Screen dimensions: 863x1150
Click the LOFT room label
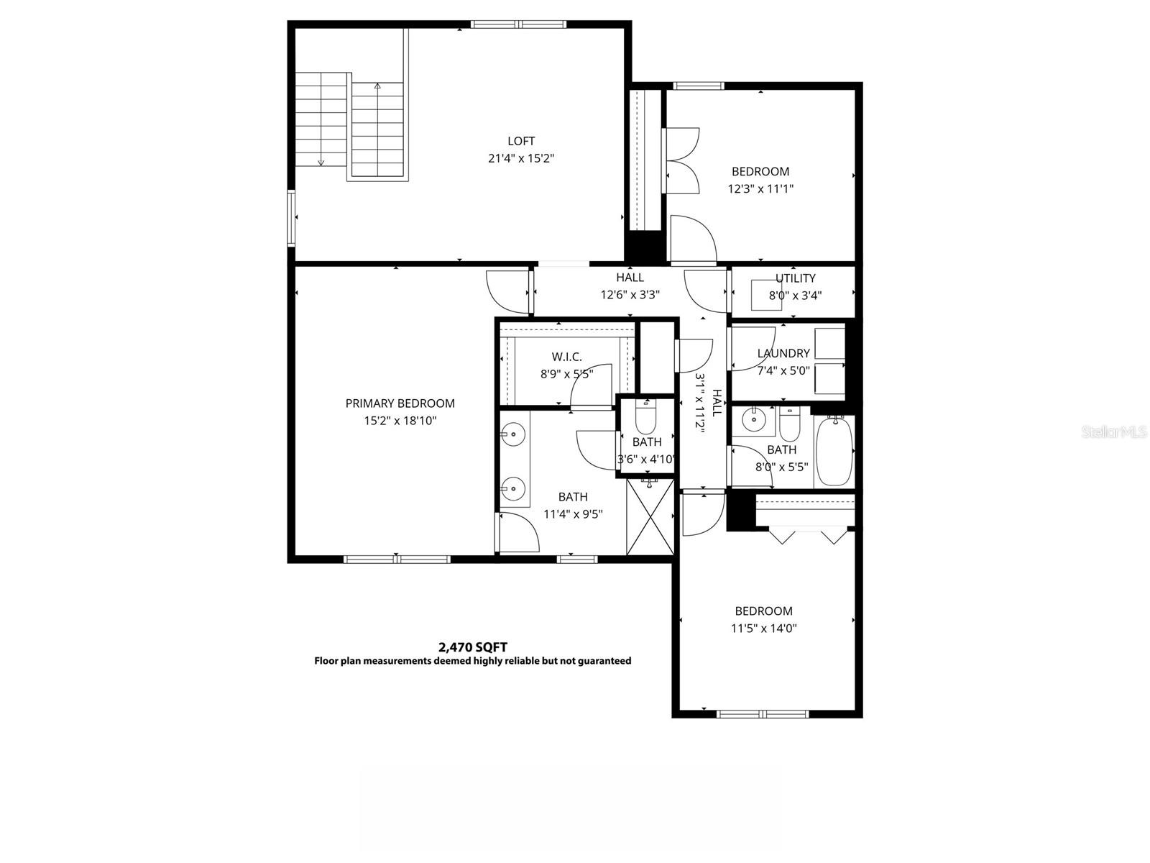[x=521, y=141]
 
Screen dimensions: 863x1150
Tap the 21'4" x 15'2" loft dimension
[x=521, y=158]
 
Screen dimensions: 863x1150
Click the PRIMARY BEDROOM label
[x=400, y=403]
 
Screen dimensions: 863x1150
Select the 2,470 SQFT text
[x=472, y=647]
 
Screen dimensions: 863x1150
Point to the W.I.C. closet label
[x=566, y=357]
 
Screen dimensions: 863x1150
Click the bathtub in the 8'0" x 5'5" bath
[x=834, y=452]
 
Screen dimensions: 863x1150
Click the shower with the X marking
[x=650, y=517]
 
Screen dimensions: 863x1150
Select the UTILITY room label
[x=795, y=278]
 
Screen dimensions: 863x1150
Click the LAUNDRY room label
[x=783, y=353]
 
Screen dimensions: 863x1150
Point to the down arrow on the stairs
[x=321, y=162]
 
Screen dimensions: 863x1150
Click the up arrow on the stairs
[x=377, y=86]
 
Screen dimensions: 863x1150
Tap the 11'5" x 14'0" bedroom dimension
[x=763, y=628]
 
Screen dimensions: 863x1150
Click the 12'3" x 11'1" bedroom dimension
[x=760, y=188]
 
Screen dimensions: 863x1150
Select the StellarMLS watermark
[x=1114, y=432]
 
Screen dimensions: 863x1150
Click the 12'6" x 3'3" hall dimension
[x=630, y=294]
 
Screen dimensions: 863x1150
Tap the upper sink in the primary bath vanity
[x=513, y=434]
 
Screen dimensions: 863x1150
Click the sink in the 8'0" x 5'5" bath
[x=753, y=419]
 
